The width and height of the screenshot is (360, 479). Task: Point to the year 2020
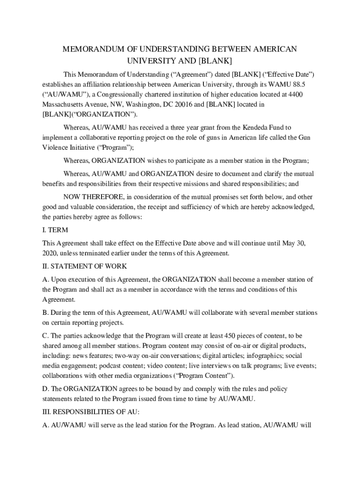(49, 253)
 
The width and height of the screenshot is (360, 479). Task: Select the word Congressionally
(115, 94)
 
